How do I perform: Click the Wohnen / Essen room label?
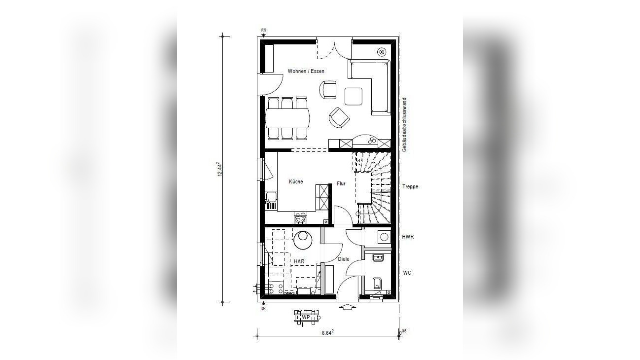306,71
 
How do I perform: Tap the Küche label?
296,181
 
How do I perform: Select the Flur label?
341,183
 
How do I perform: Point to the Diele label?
344,259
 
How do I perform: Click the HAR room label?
299,261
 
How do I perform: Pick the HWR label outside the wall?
408,237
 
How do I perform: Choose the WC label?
407,273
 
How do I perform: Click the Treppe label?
410,186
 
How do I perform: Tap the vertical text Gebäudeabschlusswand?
404,125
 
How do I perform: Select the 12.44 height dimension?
220,169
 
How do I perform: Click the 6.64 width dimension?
328,332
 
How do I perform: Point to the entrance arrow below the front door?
347,307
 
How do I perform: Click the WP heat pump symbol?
306,318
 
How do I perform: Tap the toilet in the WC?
377,284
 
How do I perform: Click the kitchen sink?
71,201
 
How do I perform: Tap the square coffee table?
354,96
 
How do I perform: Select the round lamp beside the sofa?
382,52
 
